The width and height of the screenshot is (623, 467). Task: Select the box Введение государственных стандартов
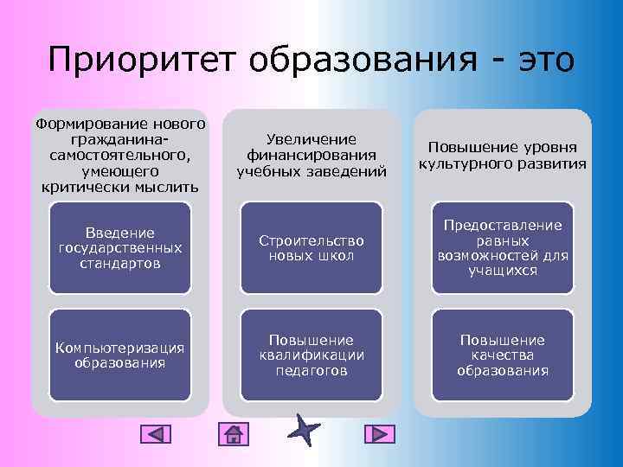click(120, 247)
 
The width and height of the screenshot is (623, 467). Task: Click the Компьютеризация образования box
click(120, 355)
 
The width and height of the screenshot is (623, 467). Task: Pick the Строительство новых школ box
click(311, 247)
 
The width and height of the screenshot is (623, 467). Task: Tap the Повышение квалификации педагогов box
click(311, 355)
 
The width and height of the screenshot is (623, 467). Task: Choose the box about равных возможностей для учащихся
click(503, 247)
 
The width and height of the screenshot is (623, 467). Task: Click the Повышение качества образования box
click(503, 355)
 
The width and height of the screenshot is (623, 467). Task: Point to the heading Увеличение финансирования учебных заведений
click(311, 155)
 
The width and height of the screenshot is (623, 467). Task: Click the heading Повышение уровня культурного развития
click(503, 156)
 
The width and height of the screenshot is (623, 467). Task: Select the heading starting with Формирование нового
click(120, 155)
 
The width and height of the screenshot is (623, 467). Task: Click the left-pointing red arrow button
click(155, 434)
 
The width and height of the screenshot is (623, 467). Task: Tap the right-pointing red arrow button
click(378, 434)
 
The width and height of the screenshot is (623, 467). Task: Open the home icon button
click(234, 434)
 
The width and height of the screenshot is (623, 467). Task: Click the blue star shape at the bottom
click(305, 430)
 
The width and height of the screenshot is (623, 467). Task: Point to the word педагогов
click(311, 371)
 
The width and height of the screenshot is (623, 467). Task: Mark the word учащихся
click(503, 271)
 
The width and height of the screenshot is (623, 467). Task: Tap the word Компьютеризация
click(120, 348)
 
